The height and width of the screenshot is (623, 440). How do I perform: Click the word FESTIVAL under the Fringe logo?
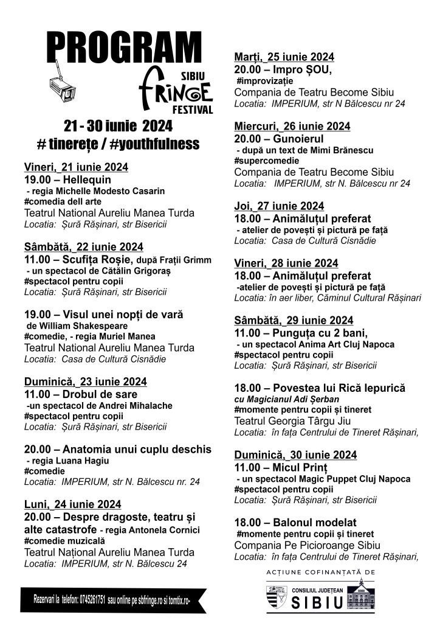(193, 110)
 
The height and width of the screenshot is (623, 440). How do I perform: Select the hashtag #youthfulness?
(154, 144)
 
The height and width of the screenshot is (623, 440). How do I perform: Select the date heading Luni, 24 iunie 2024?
(72, 504)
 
